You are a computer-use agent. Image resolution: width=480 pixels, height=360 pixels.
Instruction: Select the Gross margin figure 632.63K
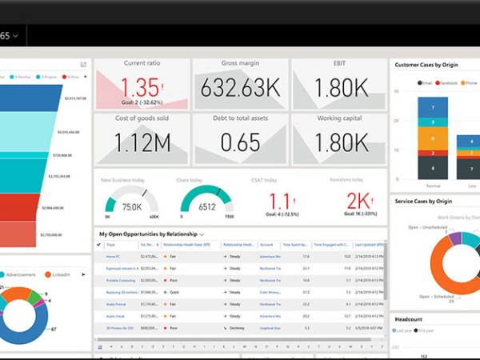(x=239, y=87)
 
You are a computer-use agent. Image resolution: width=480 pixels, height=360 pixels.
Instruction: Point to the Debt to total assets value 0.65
(x=239, y=142)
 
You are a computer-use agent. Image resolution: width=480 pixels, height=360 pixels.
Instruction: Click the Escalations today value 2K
(x=358, y=201)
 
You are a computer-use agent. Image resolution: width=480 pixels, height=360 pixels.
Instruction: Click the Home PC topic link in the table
(x=113, y=256)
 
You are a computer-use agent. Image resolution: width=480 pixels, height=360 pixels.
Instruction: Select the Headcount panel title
(x=409, y=319)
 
